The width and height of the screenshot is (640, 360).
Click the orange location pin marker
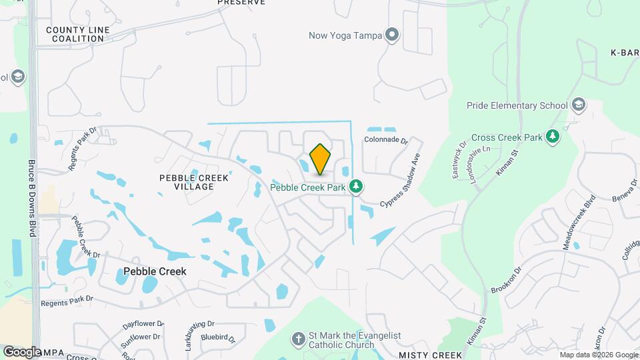pyautogui.click(x=320, y=159)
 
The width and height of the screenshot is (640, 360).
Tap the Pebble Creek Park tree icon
pyautogui.click(x=357, y=187)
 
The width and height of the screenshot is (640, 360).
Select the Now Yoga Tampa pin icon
pyautogui.click(x=393, y=35)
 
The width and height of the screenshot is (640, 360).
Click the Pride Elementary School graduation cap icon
pyautogui.click(x=579, y=105)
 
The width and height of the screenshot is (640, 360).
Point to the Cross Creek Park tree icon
pyautogui.click(x=552, y=137)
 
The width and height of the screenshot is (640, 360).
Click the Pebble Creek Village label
pyautogui.click(x=194, y=182)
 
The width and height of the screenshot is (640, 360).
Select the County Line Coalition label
pyautogui.click(x=75, y=34)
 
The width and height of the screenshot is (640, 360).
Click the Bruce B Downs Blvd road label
pyautogui.click(x=31, y=197)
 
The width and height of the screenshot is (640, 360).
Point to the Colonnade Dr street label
pyautogui.click(x=385, y=140)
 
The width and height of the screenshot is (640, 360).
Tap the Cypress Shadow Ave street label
pyautogui.click(x=402, y=181)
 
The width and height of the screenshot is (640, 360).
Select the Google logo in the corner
pyautogui.click(x=23, y=352)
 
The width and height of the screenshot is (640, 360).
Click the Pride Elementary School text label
pyautogui.click(x=517, y=105)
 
